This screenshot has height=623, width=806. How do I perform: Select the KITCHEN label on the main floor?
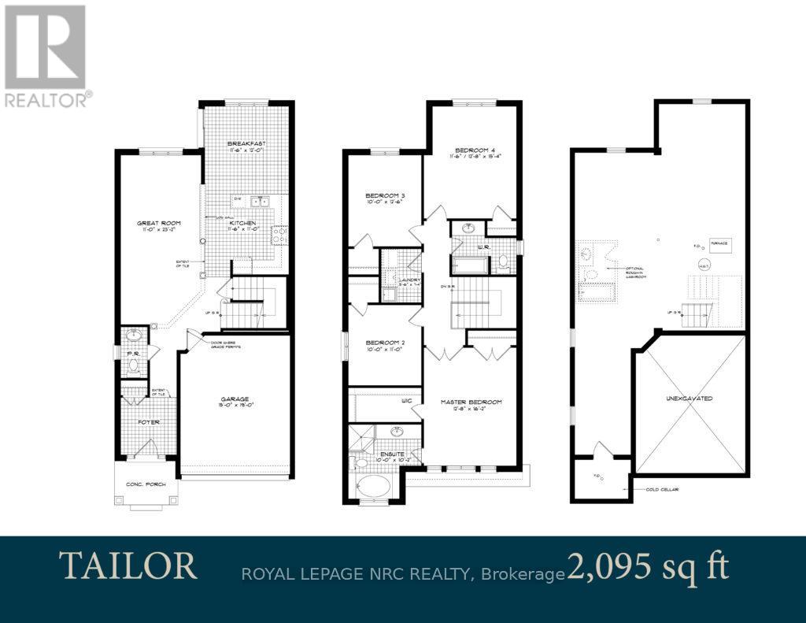click(x=242, y=224)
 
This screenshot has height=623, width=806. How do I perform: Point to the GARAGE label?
click(x=235, y=399)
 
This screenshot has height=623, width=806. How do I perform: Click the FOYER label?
click(x=150, y=422)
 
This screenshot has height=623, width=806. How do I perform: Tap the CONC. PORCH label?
click(x=146, y=485)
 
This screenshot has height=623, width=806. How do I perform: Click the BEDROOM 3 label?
click(x=384, y=196)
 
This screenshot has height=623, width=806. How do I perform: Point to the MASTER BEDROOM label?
click(x=471, y=402)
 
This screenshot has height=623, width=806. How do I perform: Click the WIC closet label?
click(x=407, y=400)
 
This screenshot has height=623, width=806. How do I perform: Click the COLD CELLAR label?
click(x=663, y=489)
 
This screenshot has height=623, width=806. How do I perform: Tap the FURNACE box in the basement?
click(x=718, y=245)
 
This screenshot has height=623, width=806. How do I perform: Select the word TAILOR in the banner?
click(x=128, y=566)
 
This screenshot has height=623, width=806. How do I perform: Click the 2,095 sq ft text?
click(x=648, y=566)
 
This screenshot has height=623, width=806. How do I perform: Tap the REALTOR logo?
click(x=47, y=55)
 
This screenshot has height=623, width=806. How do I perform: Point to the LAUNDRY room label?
click(x=410, y=280)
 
